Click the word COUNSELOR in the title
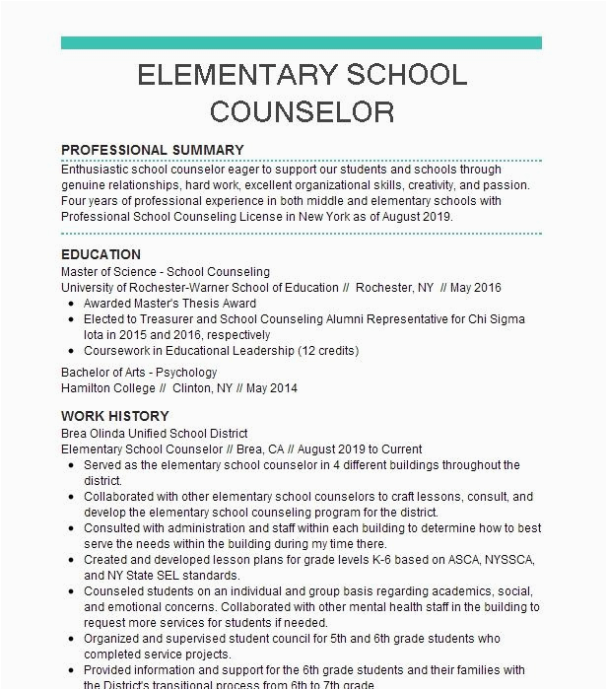302,110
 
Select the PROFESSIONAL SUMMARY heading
153,151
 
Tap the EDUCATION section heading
101,254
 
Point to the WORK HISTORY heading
114,416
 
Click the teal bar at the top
302,42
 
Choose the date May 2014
273,388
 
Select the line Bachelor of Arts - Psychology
139,373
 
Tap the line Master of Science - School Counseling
165,272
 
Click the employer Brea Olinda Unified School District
154,434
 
